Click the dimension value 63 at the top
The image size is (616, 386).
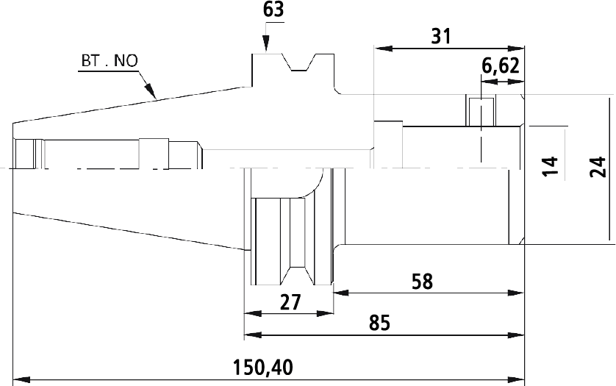coord(273,10)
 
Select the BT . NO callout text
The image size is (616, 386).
coord(110,61)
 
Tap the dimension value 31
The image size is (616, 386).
coord(441,36)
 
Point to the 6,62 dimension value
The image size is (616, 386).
coord(501,66)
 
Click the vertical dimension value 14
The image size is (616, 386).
coord(550,166)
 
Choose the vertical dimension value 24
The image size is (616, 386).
coord(598,167)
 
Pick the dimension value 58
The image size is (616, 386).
coord(423,282)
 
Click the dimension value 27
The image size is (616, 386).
coord(290,302)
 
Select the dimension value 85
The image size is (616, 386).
coord(379,323)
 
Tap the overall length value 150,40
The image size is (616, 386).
coord(263,368)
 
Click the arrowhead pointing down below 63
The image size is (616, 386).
coord(266,44)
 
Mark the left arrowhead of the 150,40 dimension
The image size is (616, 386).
coord(21,380)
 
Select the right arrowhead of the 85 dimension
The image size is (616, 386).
coord(516,335)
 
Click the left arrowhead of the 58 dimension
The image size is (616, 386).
coord(341,293)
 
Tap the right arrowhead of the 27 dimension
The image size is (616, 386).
coord(324,313)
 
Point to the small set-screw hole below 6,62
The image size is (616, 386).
coord(481,112)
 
